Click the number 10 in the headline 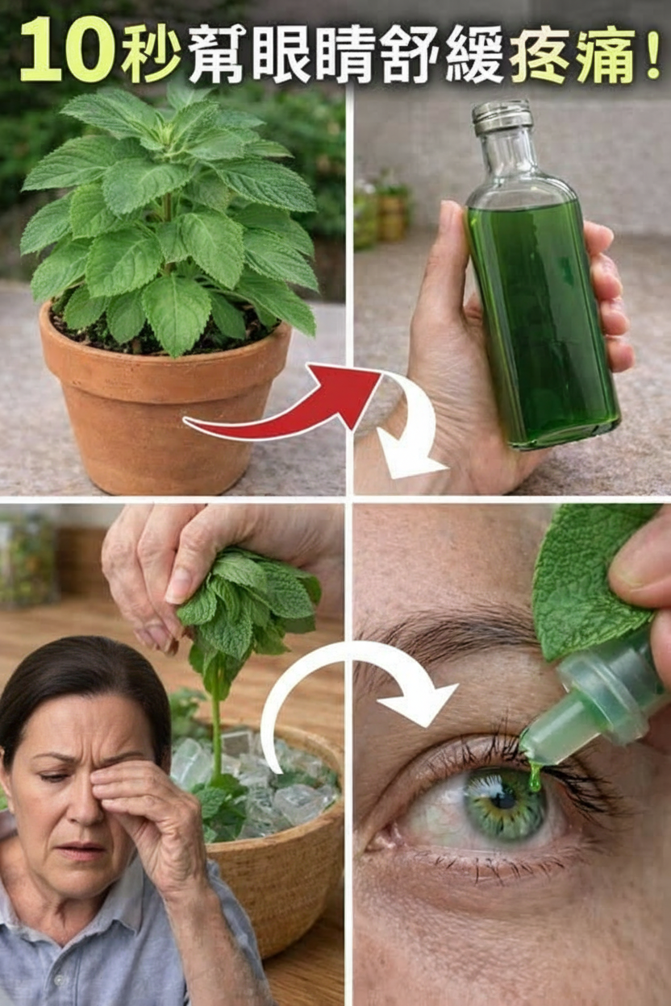click(x=66, y=50)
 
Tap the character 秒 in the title click(x=150, y=51)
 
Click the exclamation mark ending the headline click(x=651, y=52)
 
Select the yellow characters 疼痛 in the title click(x=573, y=54)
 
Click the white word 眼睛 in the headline click(x=312, y=54)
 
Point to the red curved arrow click(x=283, y=404)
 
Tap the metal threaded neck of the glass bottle click(x=502, y=118)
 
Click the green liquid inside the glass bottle click(x=542, y=323)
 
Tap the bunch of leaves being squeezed click(x=247, y=606)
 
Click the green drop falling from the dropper click(x=535, y=778)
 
